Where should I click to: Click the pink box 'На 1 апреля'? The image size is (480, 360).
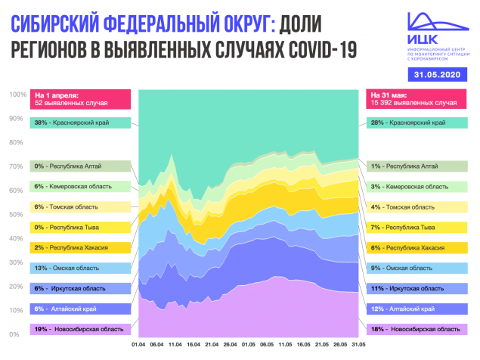click(79, 98)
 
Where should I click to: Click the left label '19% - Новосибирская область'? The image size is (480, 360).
click(79, 329)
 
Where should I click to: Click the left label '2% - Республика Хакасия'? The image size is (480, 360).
click(79, 247)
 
